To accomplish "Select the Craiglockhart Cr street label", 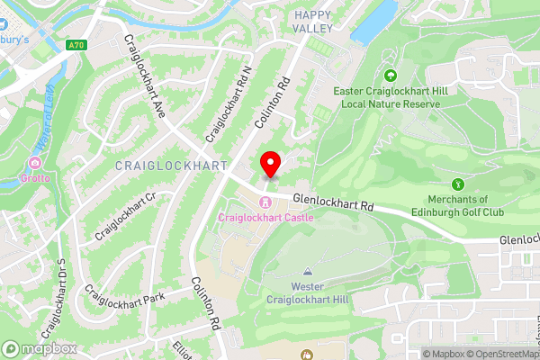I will coord(125,217).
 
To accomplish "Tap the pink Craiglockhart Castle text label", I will coord(265,218).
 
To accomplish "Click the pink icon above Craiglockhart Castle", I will coord(265,202).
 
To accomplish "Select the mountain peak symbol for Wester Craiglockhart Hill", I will coord(309,271).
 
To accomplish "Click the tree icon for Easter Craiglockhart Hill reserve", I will coord(390,76).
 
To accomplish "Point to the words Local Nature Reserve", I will coord(391,104).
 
